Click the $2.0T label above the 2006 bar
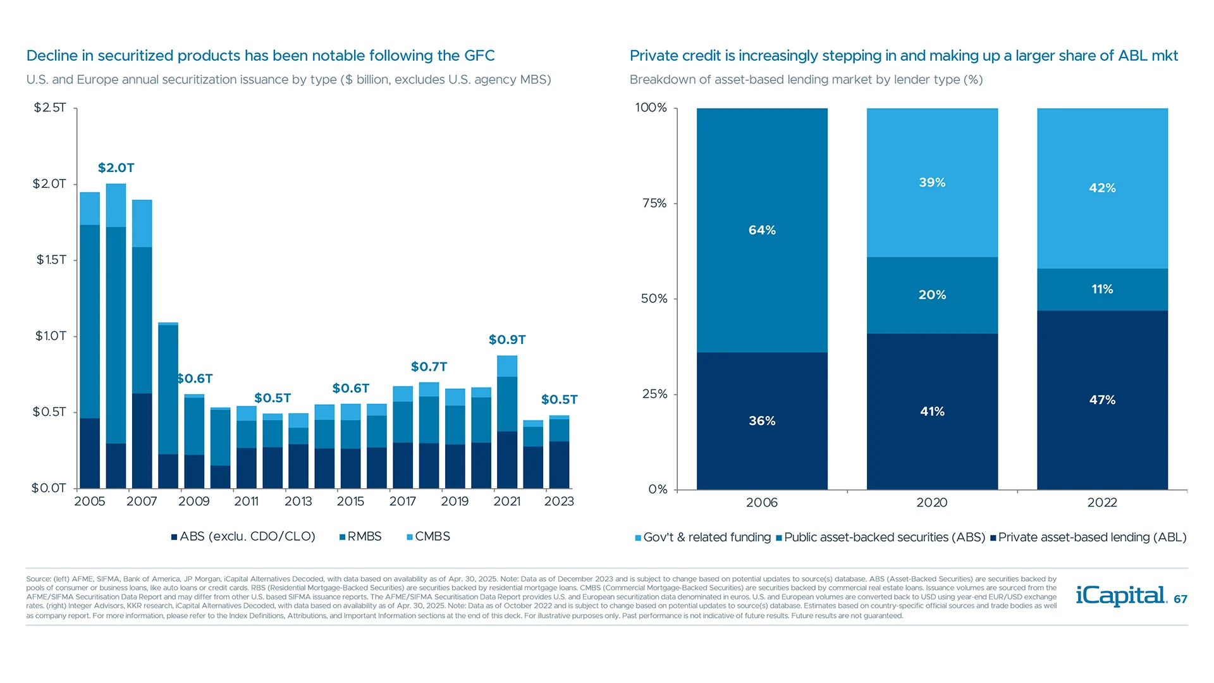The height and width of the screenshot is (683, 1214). coord(116,168)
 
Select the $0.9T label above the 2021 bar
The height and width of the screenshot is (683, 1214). coord(507,340)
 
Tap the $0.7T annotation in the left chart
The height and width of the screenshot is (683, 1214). coord(429,367)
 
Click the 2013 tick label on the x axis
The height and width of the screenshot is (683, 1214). coord(298,501)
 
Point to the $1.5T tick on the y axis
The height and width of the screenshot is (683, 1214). coord(51,260)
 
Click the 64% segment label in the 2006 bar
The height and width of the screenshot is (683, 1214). coord(762,230)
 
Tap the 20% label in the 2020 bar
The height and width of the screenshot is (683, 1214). coord(932,295)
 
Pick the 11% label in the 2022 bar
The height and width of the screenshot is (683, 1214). coord(1102,289)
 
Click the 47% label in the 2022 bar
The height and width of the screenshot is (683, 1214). coord(1102,400)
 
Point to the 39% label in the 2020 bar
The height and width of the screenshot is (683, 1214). coord(932,182)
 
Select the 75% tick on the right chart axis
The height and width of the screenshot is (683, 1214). coord(654,203)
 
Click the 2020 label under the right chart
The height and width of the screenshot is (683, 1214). coord(931,503)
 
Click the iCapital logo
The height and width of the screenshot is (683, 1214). coord(1121,596)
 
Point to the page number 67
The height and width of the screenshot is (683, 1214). coord(1180,599)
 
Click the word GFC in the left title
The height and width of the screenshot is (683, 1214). coord(479,56)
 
